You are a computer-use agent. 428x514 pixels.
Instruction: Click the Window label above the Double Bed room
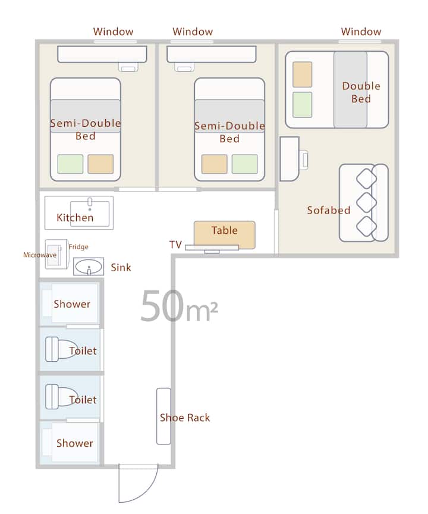[361, 32]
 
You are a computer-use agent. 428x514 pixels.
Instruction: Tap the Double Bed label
[361, 92]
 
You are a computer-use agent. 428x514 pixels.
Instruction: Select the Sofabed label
[329, 210]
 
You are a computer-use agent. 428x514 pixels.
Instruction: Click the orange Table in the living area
[224, 235]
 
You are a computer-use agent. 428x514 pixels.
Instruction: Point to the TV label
[175, 245]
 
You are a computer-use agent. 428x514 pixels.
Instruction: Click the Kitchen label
[75, 217]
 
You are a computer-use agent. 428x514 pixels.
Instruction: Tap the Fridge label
[78, 246]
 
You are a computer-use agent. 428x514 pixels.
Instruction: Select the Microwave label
[40, 255]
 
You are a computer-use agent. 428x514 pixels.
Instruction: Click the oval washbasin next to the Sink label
[89, 267]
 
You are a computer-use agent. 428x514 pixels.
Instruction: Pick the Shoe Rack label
[185, 417]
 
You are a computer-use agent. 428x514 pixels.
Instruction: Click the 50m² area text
[179, 306]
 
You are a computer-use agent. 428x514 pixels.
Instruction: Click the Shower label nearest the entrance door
[75, 443]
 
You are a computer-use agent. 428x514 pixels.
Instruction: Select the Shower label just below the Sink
[72, 304]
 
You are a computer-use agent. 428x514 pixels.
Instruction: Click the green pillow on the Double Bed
[302, 105]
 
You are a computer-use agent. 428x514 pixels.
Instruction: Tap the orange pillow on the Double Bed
[302, 74]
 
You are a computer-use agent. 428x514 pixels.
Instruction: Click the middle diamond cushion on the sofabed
[366, 203]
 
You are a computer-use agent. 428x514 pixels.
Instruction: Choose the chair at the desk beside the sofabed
[304, 159]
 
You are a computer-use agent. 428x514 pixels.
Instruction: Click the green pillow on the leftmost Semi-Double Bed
[70, 164]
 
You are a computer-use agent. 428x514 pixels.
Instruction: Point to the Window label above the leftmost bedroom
[113, 32]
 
